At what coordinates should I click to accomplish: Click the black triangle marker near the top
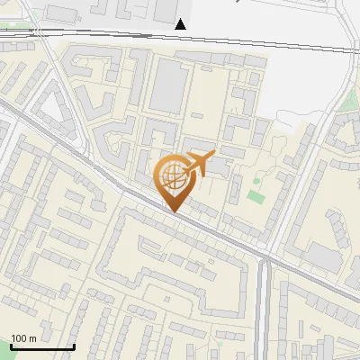(x=182, y=24)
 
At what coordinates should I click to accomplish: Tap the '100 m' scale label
(x=23, y=338)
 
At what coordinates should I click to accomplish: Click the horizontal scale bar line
(x=42, y=346)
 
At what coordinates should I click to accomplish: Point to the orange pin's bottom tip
(x=173, y=211)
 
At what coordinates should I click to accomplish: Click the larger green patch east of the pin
(x=256, y=194)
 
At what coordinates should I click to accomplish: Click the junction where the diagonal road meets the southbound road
(x=265, y=261)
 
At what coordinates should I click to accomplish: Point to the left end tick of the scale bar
(x=11, y=346)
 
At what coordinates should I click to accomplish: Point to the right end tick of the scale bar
(x=74, y=346)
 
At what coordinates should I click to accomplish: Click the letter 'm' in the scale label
(x=31, y=338)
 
